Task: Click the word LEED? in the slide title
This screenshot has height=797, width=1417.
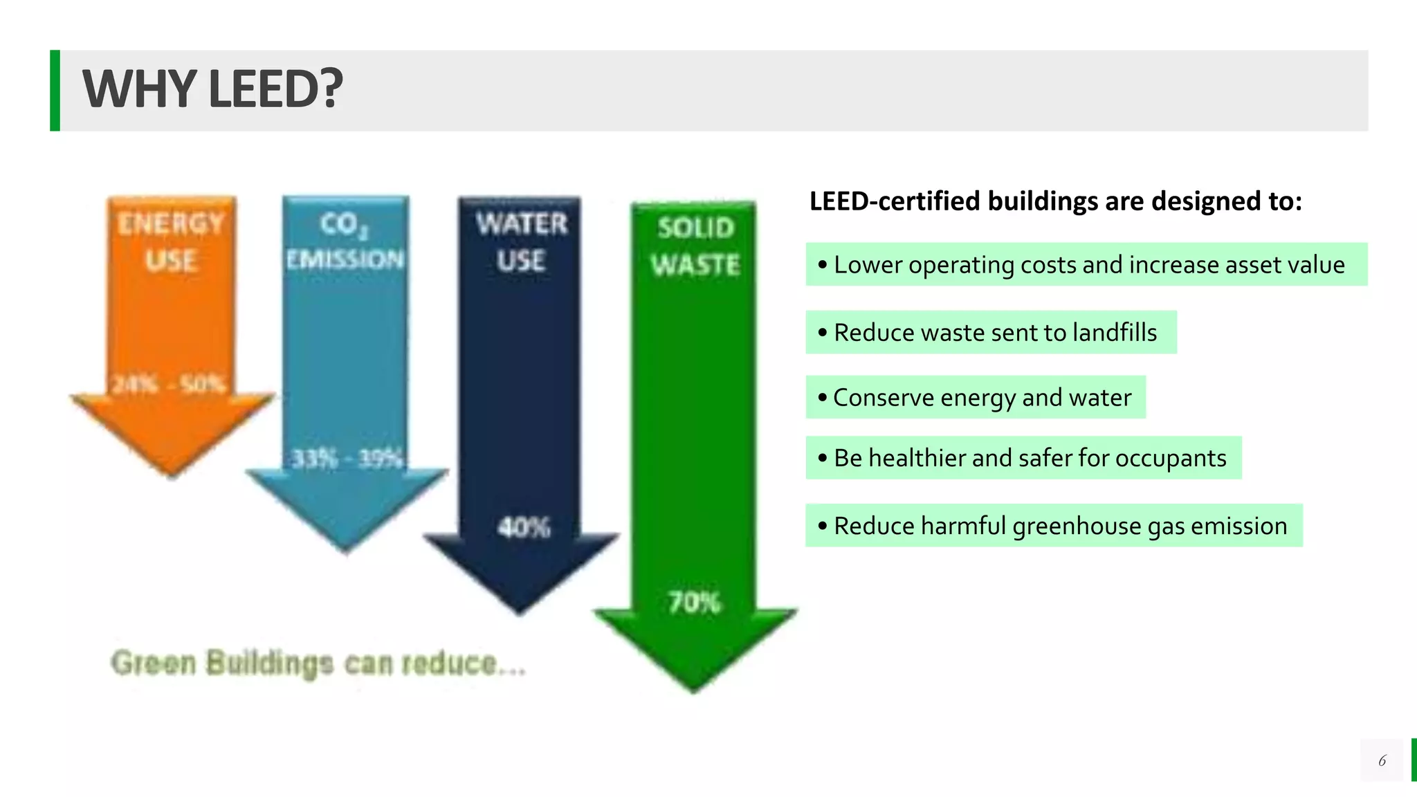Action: click(x=275, y=90)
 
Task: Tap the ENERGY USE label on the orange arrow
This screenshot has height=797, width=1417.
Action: click(x=171, y=242)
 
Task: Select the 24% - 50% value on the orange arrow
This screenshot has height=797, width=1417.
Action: click(x=170, y=384)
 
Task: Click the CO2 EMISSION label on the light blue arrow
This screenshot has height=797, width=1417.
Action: click(x=345, y=241)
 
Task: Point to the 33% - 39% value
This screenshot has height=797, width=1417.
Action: click(x=347, y=459)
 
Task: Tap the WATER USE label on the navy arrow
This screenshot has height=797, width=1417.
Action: click(x=521, y=242)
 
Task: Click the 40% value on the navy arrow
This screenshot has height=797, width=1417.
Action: click(x=524, y=528)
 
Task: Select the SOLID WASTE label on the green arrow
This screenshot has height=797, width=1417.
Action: click(x=695, y=246)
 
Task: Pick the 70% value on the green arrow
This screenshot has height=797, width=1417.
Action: click(x=694, y=603)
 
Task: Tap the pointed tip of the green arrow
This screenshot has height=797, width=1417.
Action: click(x=694, y=690)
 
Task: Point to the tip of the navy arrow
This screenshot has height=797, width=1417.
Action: click(x=520, y=612)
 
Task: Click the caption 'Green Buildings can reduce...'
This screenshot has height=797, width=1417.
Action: click(x=318, y=663)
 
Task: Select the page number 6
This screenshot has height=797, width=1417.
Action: click(x=1382, y=761)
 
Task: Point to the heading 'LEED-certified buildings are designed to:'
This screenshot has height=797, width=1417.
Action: click(x=1056, y=201)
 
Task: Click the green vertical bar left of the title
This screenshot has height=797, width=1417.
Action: click(x=55, y=90)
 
